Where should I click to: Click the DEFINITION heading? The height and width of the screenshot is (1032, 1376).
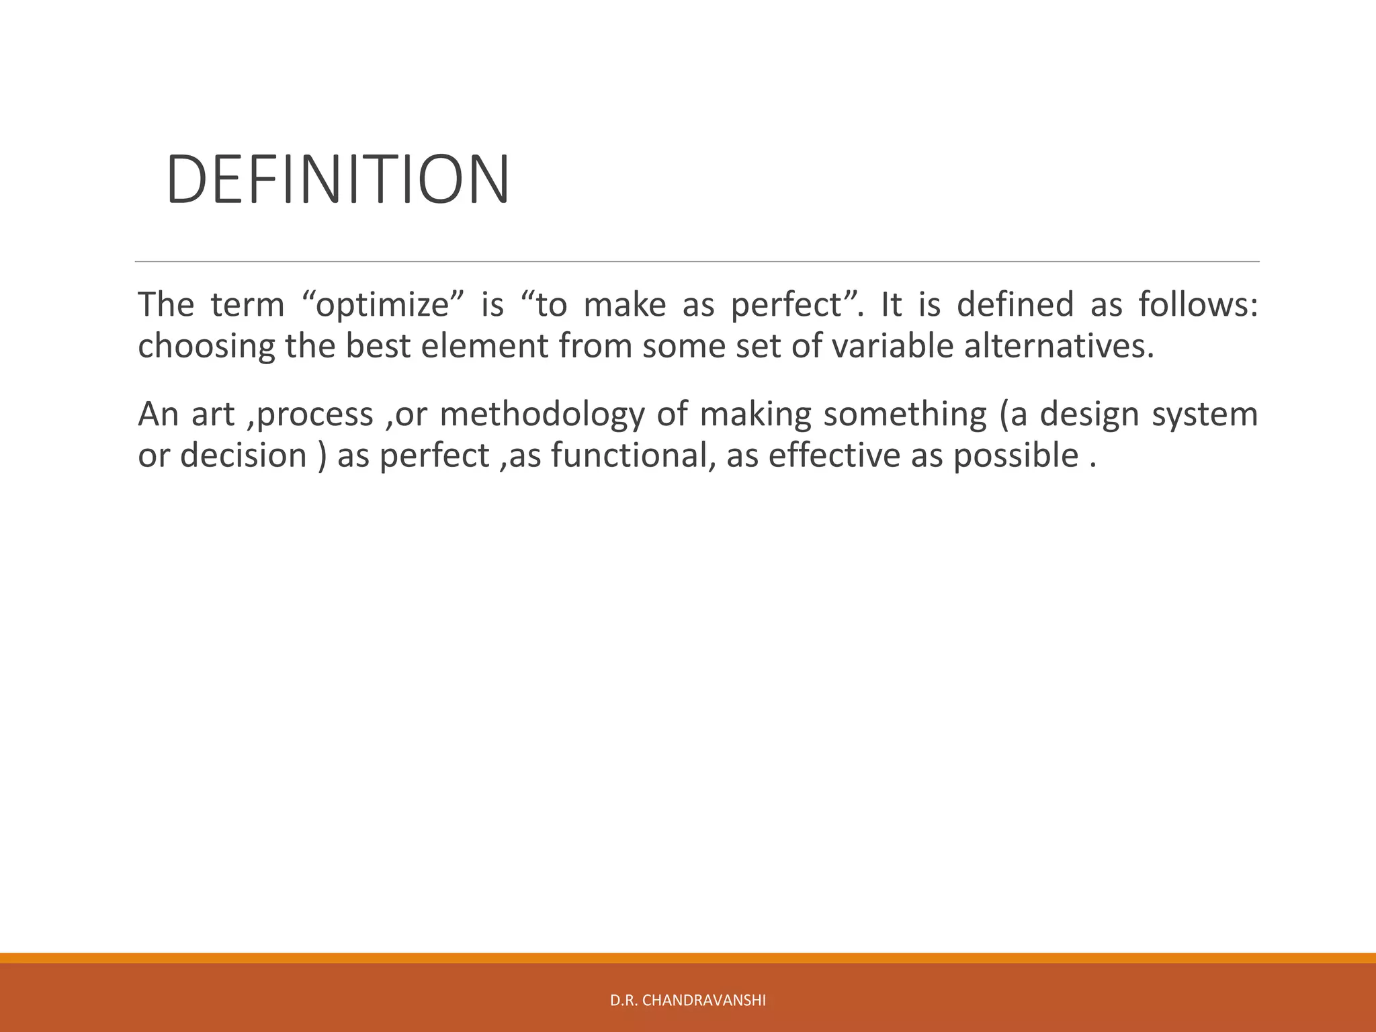337,179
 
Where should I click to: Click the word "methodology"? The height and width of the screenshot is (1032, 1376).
542,414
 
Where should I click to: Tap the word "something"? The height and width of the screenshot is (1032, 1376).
905,414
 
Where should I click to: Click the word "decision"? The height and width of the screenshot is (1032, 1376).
243,456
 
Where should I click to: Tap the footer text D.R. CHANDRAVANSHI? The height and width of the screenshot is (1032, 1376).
687,1000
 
